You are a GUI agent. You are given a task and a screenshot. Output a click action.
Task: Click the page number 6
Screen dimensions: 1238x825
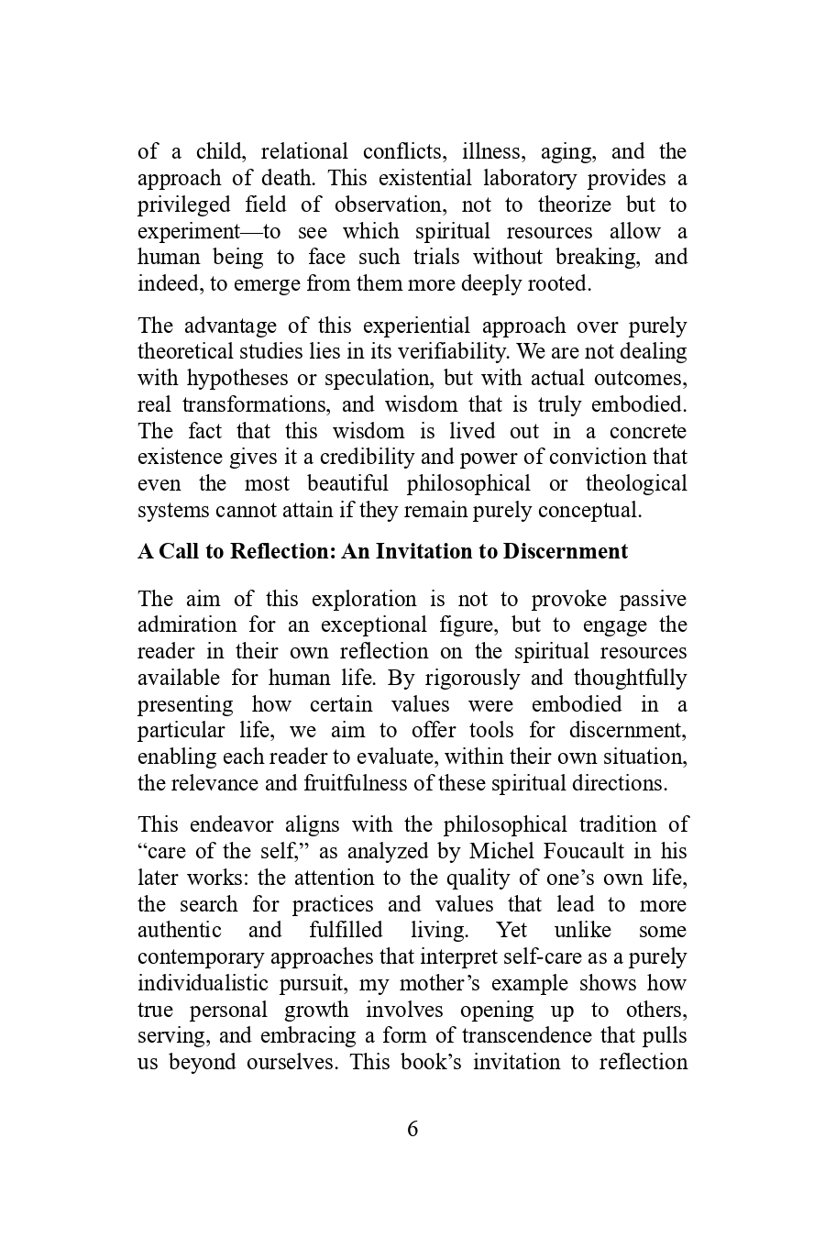click(x=412, y=1129)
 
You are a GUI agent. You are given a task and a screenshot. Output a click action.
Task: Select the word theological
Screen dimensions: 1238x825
click(x=636, y=483)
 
